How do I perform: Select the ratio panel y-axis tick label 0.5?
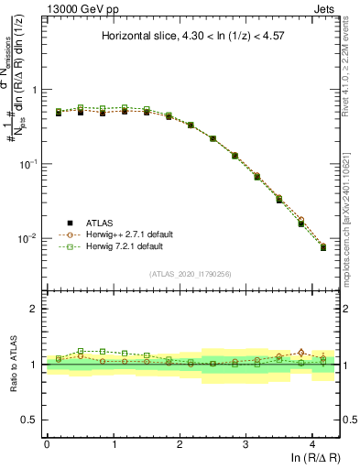pyautogui.click(x=29, y=420)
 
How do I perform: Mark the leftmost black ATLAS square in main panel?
pyautogui.click(x=58, y=113)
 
